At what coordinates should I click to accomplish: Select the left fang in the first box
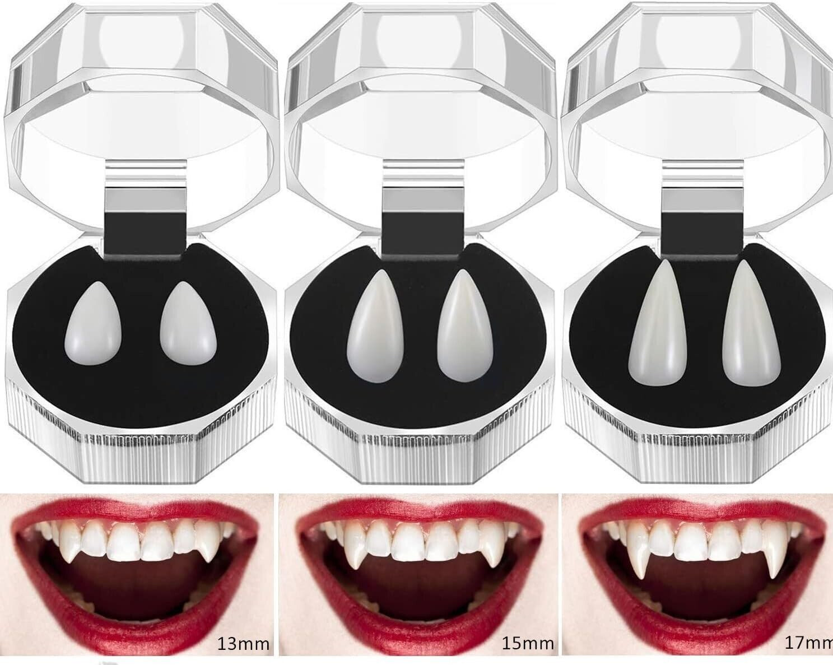94,323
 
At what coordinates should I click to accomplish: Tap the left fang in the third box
657,323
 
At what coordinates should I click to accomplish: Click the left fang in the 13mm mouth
68,543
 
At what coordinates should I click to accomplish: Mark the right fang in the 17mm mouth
775,554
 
